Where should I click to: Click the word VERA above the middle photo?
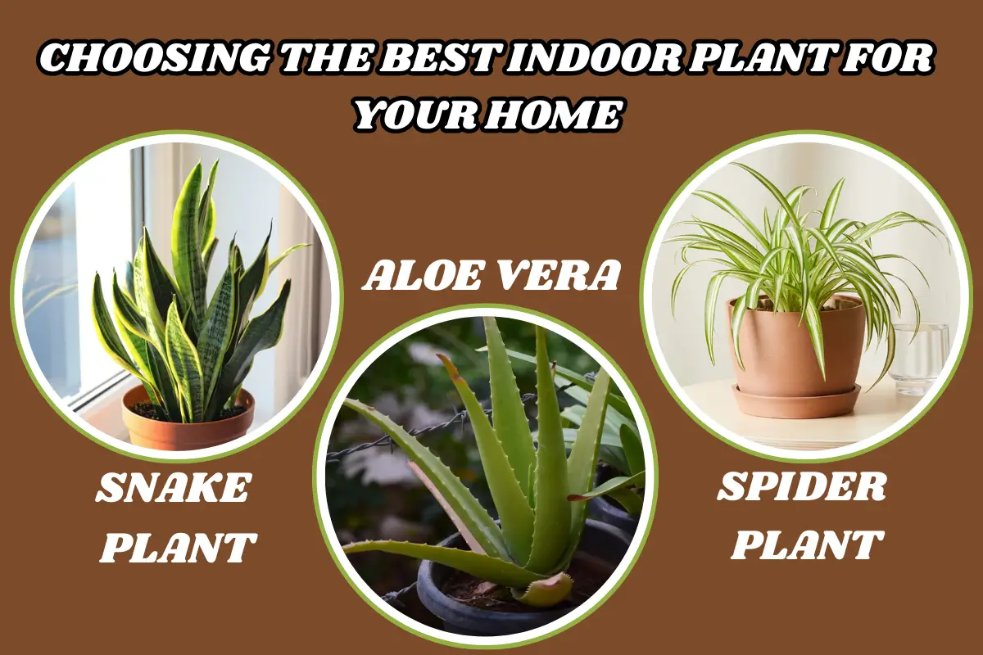[557, 277]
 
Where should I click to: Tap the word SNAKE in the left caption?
[174, 490]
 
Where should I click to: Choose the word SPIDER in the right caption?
[803, 490]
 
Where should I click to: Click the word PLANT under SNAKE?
[178, 547]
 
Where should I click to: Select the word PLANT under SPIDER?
[807, 544]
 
